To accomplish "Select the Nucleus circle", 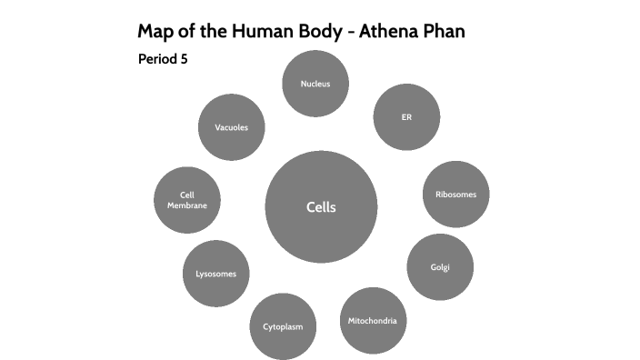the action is click(x=315, y=84).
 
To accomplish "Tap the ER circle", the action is click(x=406, y=117).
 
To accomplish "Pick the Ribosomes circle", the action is click(x=455, y=194).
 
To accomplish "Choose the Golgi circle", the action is click(x=440, y=266).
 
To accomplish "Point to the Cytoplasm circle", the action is click(x=283, y=325).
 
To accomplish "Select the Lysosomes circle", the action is click(x=216, y=274).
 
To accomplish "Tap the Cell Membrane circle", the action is click(x=187, y=200).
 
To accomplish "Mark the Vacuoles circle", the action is click(x=232, y=127).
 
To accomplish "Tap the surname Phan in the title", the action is click(x=445, y=32).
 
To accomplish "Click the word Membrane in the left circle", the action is click(x=187, y=205).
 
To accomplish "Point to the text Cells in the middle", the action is click(x=321, y=207).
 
